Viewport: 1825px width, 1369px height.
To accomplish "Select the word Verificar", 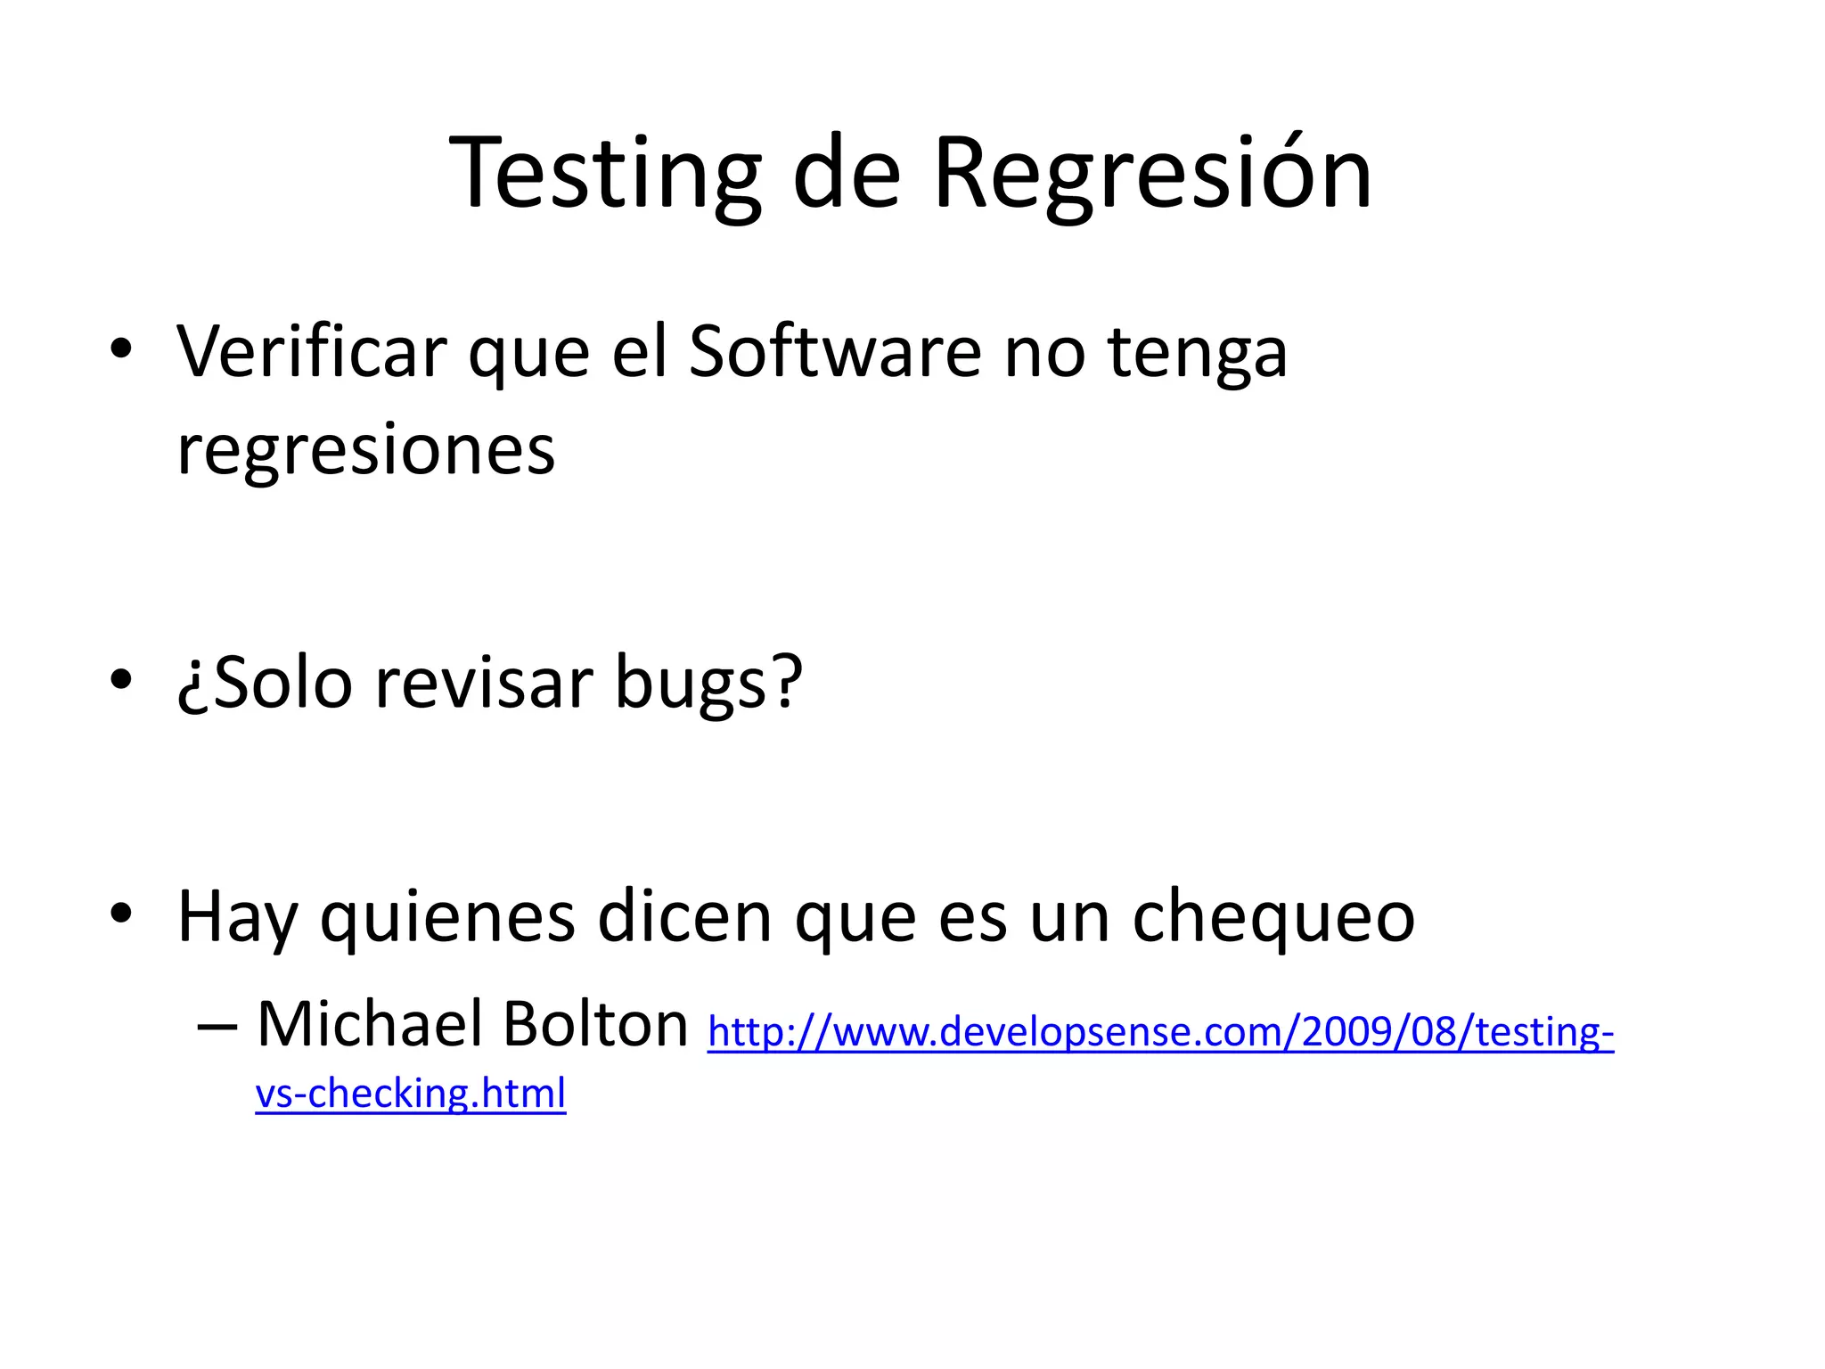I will [x=311, y=352].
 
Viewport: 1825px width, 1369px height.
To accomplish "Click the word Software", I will [x=835, y=352].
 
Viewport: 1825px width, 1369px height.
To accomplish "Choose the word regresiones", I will [x=365, y=451].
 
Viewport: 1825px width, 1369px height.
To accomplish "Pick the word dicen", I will [x=684, y=916].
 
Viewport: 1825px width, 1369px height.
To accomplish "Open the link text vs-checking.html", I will [x=410, y=1094].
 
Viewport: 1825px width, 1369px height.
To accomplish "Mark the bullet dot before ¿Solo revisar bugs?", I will [x=121, y=680].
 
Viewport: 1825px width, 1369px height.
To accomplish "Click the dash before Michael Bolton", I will [x=217, y=1028].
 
